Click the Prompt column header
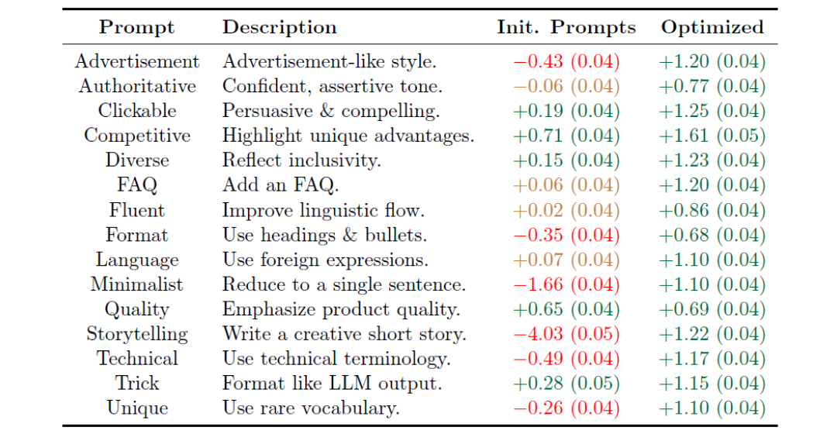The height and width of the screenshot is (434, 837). (137, 28)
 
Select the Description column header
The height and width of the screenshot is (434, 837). (279, 28)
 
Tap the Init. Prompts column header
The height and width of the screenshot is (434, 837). (566, 28)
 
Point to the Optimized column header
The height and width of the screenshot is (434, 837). (712, 28)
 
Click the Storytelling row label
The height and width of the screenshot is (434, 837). (137, 334)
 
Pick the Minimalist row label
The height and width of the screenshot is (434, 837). (137, 284)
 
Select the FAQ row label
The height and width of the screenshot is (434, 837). (137, 185)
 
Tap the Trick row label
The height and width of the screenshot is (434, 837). (137, 384)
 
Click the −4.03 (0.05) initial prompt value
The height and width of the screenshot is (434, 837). (566, 334)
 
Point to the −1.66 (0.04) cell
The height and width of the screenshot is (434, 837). (566, 284)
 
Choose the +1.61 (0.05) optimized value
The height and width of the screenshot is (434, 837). (712, 136)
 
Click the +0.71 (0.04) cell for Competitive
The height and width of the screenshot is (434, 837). (566, 136)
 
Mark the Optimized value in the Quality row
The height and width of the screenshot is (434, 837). (712, 309)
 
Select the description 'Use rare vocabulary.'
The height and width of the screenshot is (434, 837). (311, 408)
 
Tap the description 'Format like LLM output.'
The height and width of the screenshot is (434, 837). (332, 384)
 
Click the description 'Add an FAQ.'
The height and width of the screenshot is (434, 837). (281, 185)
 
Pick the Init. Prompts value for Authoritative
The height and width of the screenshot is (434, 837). (566, 86)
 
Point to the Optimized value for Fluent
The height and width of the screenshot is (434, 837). (712, 210)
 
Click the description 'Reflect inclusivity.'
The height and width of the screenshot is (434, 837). (301, 160)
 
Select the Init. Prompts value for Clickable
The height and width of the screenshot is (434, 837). (566, 111)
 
